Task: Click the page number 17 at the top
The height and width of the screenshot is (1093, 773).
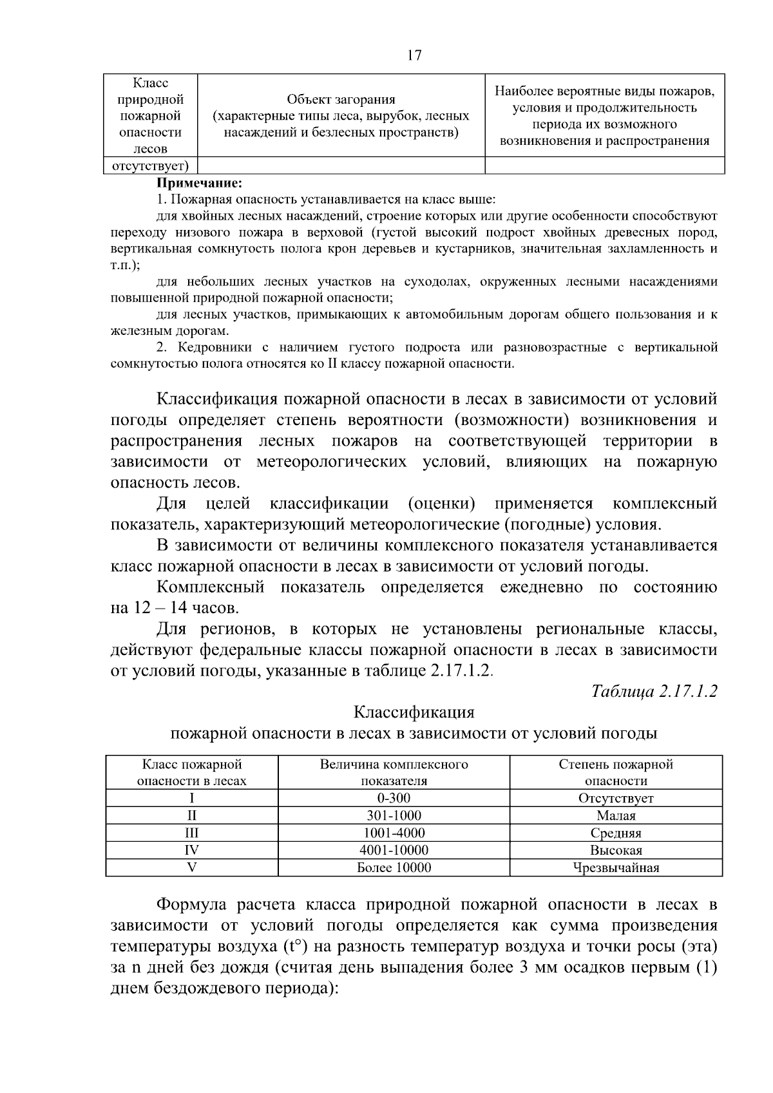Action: (414, 55)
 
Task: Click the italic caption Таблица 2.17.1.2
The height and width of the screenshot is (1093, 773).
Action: (654, 691)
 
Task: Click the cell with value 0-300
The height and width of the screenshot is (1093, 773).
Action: (394, 798)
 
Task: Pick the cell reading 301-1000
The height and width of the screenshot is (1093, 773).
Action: (394, 815)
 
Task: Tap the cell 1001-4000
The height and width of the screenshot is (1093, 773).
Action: (394, 833)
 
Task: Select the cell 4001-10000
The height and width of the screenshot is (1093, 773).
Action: (394, 850)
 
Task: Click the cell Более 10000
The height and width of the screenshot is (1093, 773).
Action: (394, 868)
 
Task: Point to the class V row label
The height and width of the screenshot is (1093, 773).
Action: (191, 868)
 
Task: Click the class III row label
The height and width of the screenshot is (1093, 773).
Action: (191, 833)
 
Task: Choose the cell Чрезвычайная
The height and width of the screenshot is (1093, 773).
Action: (616, 868)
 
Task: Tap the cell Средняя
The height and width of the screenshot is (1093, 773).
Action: (616, 833)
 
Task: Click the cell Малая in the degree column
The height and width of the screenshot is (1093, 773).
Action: (616, 815)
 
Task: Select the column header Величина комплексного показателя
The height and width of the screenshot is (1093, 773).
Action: (394, 772)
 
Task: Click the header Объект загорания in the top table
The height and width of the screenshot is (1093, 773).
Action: (341, 99)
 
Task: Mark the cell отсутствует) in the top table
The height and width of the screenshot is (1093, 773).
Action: (151, 166)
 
